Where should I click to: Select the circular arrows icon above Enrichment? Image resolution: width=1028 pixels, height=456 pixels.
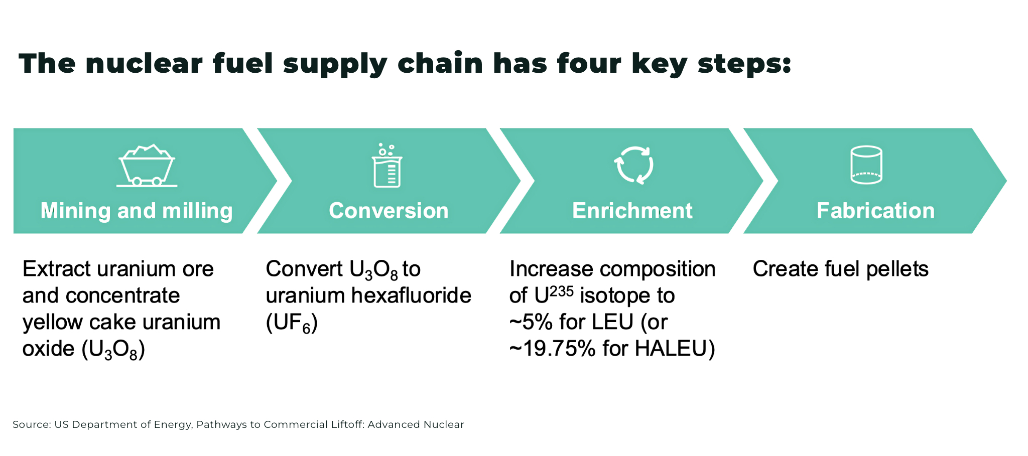(634, 165)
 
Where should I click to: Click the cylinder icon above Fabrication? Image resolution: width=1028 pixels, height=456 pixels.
(866, 165)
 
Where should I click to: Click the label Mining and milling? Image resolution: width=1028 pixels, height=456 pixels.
(137, 211)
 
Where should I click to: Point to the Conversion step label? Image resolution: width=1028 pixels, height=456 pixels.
(389, 211)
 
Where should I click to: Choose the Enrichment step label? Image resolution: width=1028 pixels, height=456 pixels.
(632, 211)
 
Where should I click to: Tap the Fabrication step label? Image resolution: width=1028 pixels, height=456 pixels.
(875, 211)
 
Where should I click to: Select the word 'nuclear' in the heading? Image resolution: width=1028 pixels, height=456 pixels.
(144, 64)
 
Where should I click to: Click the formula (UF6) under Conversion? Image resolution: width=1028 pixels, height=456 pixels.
(292, 323)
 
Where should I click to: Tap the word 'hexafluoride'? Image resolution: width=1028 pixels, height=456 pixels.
(411, 295)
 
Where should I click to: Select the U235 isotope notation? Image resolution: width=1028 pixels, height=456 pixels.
(554, 294)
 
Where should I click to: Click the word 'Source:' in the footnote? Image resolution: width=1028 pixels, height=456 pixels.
(32, 424)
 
